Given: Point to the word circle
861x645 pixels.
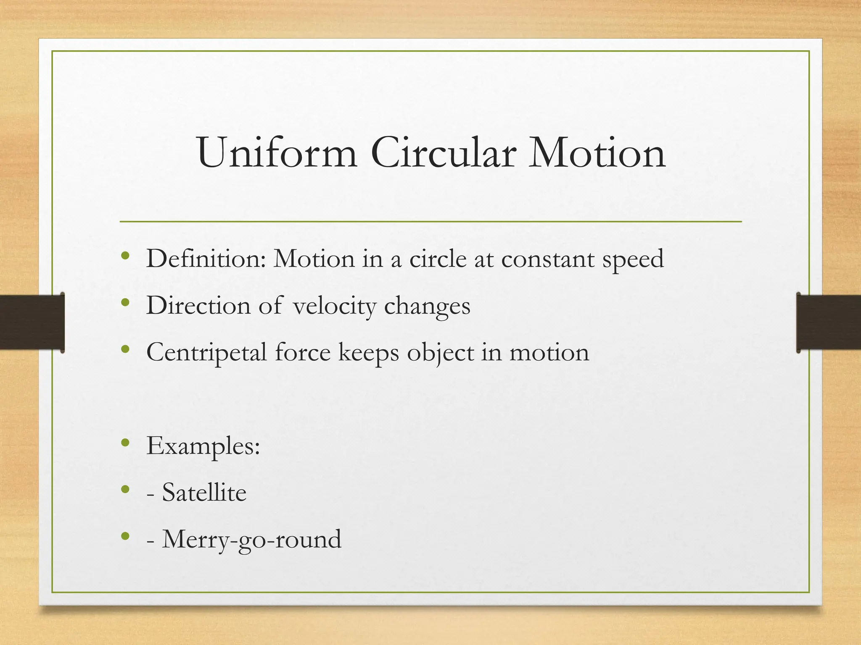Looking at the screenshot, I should [x=438, y=259].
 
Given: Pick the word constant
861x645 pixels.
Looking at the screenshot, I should [x=547, y=260].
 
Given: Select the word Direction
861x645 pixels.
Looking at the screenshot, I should [x=198, y=305].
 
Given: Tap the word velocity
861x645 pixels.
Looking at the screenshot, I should [x=334, y=306].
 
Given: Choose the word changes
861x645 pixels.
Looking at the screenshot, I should [x=427, y=306].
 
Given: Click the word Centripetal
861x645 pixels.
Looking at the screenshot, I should [x=206, y=353].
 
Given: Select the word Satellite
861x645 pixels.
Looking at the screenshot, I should [x=204, y=492].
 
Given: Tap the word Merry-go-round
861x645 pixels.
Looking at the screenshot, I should [x=252, y=539].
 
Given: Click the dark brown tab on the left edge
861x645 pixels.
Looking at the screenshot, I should [x=32, y=322].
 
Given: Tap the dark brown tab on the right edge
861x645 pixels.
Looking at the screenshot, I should [x=829, y=322].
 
